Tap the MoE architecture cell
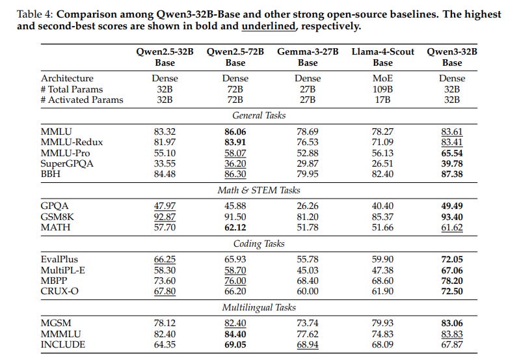[382, 78]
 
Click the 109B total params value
[382, 89]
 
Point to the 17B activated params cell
[382, 100]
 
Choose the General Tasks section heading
[259, 115]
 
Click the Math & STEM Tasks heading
[259, 190]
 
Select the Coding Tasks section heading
[259, 243]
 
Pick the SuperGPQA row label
[67, 163]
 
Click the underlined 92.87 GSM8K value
[163, 216]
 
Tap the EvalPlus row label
[59, 259]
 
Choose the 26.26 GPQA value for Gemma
[307, 206]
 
